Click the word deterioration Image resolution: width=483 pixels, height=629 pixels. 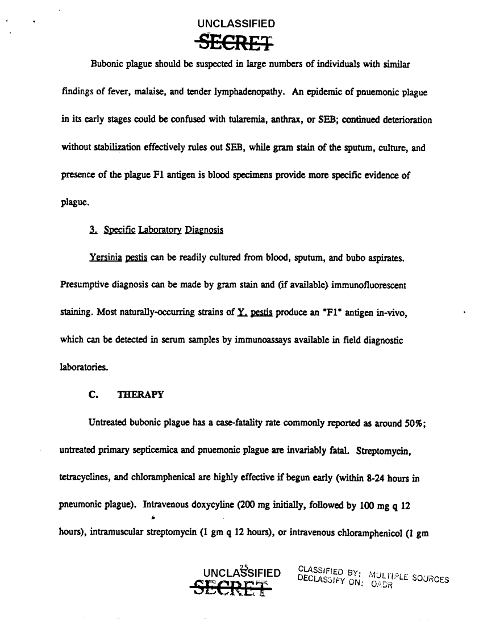coord(403,120)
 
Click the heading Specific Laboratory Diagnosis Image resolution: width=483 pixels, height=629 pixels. coord(156,230)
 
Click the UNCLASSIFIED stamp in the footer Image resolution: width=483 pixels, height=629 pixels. coord(242,572)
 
